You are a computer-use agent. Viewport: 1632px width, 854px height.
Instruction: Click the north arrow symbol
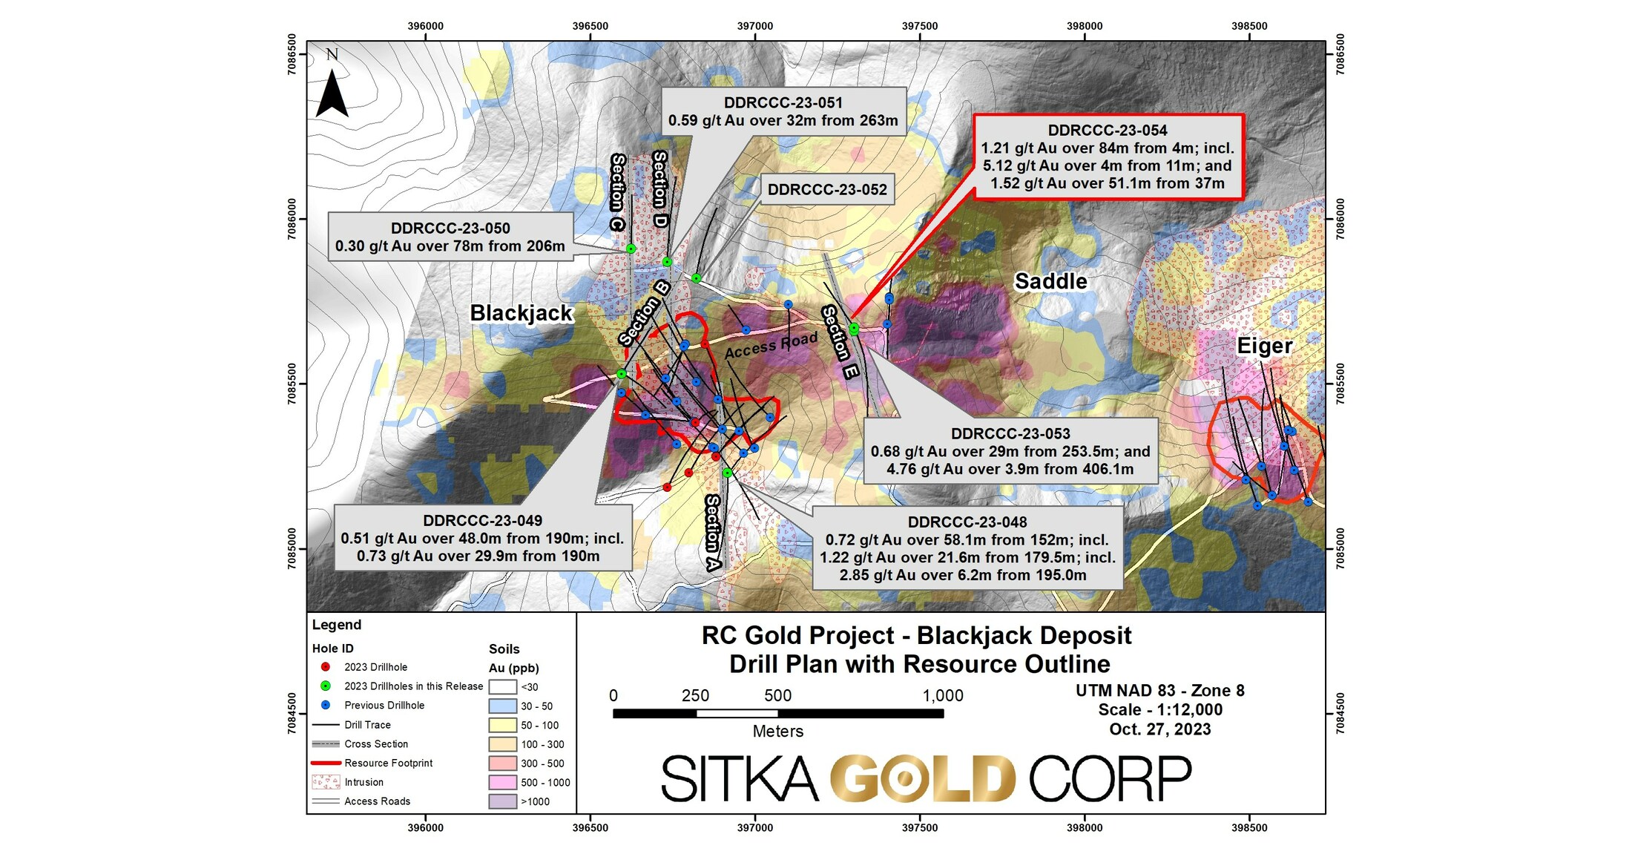(x=332, y=93)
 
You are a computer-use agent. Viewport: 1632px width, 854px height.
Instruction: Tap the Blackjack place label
(x=521, y=313)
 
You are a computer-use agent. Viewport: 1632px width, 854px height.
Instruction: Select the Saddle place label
(x=1050, y=281)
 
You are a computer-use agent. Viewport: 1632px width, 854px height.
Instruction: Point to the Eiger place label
(x=1264, y=346)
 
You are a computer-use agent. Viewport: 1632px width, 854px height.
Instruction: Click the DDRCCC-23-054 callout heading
(x=1108, y=131)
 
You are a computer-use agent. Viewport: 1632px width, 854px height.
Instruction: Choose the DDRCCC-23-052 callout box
(x=827, y=190)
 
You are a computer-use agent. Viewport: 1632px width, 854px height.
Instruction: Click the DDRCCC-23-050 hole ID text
(x=450, y=229)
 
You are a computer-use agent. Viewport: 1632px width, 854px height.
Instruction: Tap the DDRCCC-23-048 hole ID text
(x=967, y=522)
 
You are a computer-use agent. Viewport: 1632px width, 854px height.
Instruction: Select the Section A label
(x=713, y=533)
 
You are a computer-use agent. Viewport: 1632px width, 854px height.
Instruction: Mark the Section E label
(x=840, y=342)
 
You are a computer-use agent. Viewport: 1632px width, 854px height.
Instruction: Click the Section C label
(x=618, y=192)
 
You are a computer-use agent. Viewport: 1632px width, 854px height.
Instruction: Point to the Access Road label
(x=771, y=346)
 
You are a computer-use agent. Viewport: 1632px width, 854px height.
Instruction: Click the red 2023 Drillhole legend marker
(x=325, y=667)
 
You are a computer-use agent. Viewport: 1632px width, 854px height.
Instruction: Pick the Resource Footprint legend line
(x=326, y=763)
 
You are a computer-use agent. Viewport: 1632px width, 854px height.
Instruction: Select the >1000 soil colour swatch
(x=502, y=801)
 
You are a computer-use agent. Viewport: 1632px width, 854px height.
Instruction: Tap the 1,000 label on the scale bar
(x=942, y=696)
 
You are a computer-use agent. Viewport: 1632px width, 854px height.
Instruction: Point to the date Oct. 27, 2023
(x=1159, y=729)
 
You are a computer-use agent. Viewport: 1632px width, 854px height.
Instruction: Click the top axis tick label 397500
(x=920, y=26)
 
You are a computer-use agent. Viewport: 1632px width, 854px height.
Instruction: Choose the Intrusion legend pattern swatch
(x=326, y=782)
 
